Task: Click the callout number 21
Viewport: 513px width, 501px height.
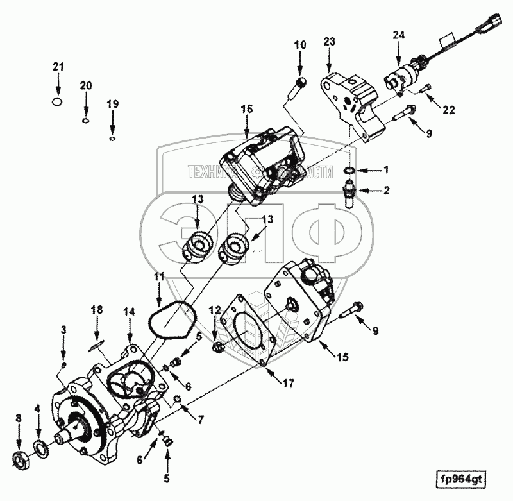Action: [x=58, y=67]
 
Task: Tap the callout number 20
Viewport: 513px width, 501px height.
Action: [x=86, y=85]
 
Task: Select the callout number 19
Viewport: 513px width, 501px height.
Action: [x=112, y=104]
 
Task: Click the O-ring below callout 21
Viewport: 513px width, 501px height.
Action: [x=58, y=101]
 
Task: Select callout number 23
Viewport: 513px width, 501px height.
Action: [x=329, y=40]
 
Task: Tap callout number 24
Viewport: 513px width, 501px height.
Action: [x=399, y=35]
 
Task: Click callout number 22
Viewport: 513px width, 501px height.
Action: [x=448, y=109]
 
